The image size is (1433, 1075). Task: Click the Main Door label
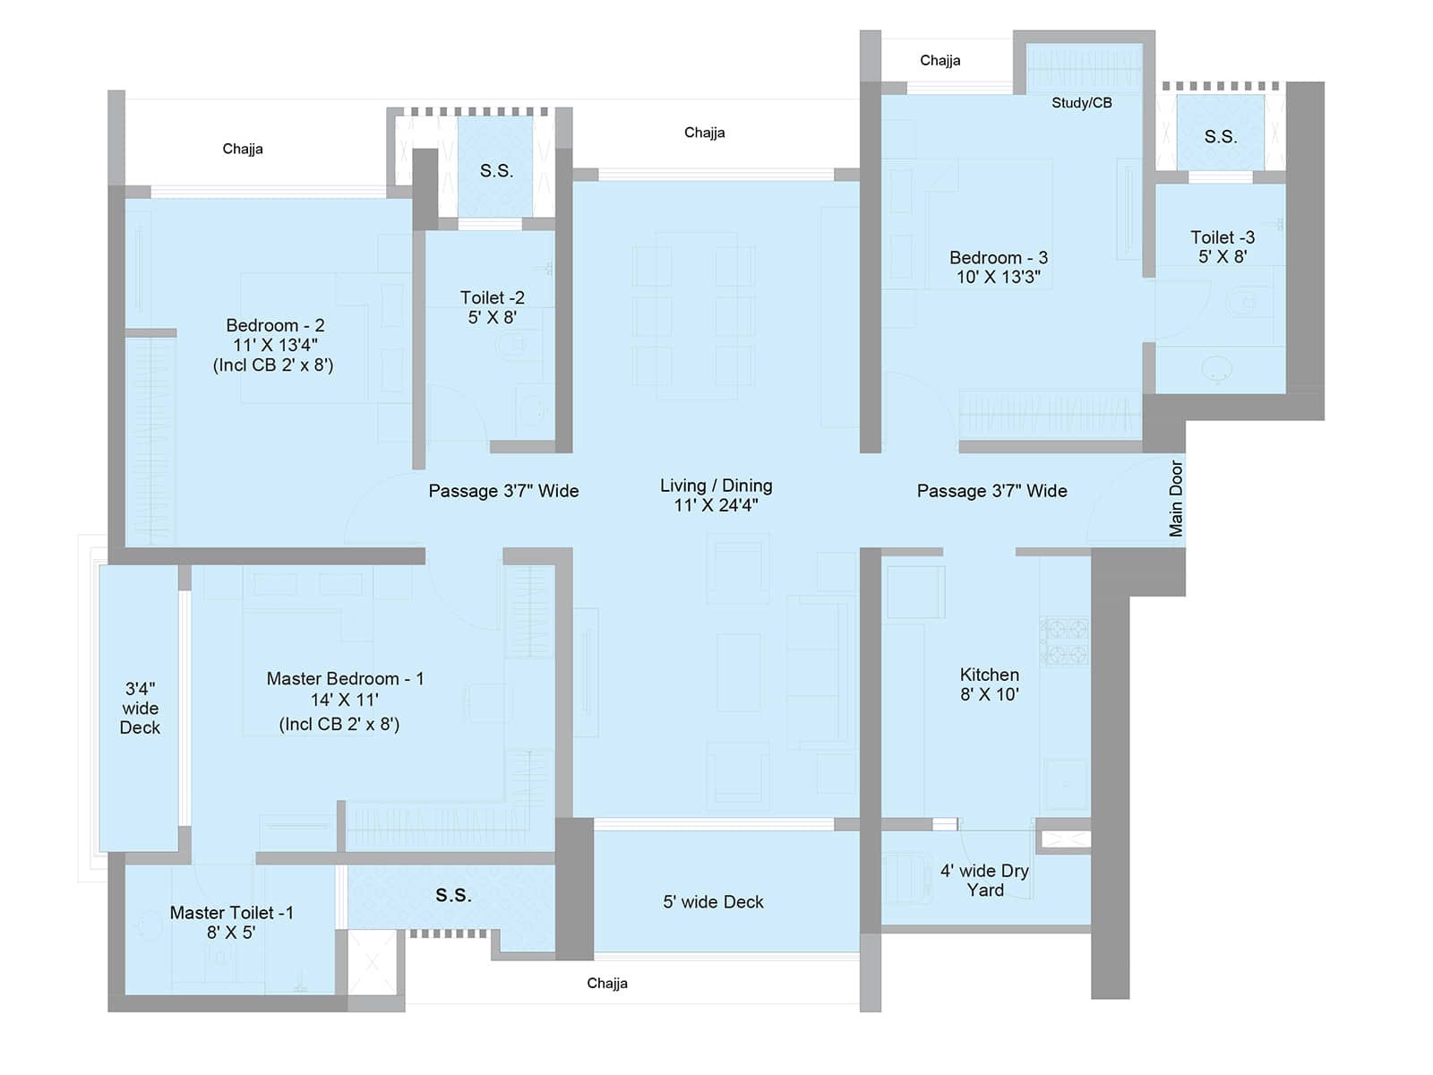point(1176,499)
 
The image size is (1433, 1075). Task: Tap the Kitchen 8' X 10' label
point(989,684)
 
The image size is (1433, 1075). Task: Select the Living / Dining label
point(716,494)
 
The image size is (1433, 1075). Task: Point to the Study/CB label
point(1081,103)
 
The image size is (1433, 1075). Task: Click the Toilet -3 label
point(1222,246)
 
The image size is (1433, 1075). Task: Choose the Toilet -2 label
point(492,306)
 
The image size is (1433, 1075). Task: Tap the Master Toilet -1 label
point(231,922)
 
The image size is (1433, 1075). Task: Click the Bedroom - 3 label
point(998,267)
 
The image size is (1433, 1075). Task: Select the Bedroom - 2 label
point(274,345)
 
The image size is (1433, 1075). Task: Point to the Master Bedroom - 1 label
point(344,701)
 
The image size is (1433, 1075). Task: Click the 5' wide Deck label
point(713,902)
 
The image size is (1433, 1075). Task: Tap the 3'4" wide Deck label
point(140,708)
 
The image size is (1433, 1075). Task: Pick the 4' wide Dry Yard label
point(984,880)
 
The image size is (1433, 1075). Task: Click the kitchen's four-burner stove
point(1064,641)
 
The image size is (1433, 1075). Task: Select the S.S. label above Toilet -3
point(1220,137)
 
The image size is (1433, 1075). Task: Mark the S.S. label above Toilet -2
point(496,171)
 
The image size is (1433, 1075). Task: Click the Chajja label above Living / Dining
point(704,133)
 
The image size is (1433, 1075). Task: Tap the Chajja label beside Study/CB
point(940,61)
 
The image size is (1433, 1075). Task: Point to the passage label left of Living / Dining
point(503,491)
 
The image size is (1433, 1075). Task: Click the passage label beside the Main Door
point(991,491)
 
